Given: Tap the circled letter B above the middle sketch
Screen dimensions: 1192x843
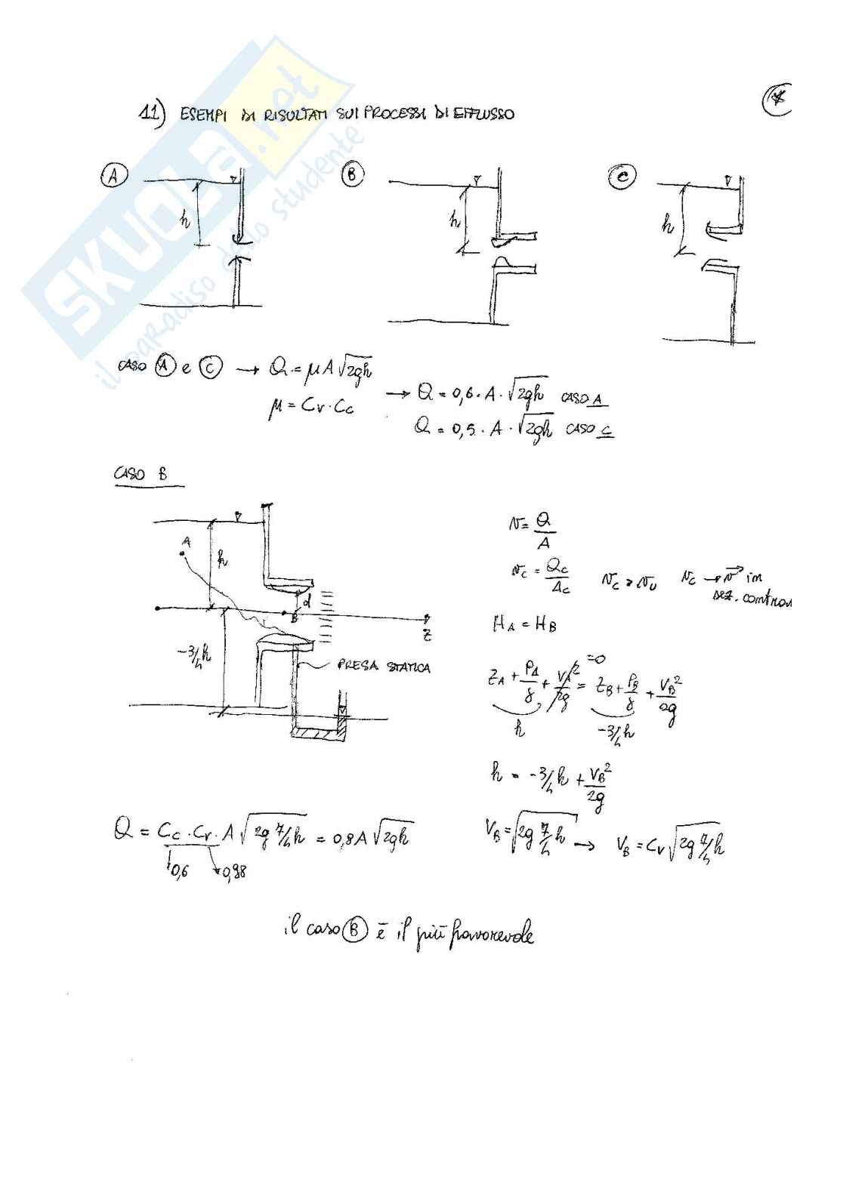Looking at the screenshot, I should (x=353, y=175).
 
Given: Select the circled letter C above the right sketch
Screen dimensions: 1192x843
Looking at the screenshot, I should (x=622, y=177).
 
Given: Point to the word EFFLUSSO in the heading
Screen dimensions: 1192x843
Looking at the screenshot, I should (x=485, y=114).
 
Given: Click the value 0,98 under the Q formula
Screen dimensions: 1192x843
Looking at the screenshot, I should (x=236, y=874).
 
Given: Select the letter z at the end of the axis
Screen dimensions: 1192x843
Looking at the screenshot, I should (x=428, y=635).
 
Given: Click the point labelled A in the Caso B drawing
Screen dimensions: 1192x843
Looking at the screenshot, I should (x=184, y=554).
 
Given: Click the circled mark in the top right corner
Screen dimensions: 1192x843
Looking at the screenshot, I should (x=777, y=101).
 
